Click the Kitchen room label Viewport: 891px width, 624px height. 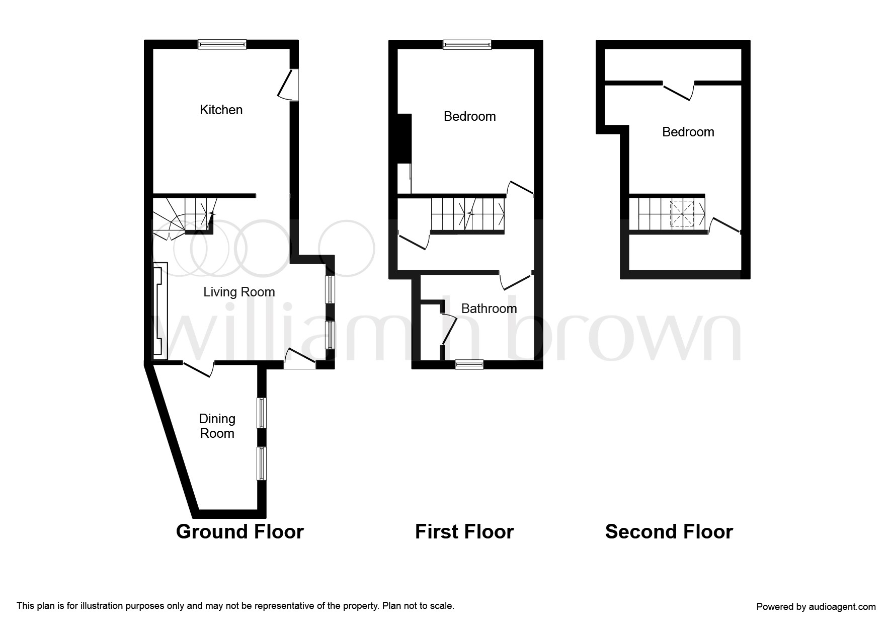(221, 110)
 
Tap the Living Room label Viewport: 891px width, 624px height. (239, 292)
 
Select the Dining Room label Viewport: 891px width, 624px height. (217, 426)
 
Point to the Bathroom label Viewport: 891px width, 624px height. (489, 308)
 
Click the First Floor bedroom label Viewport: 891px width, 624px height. (470, 116)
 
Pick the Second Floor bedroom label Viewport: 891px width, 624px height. (688, 132)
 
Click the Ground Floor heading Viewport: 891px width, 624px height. (240, 532)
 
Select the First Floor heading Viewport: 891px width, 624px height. (464, 532)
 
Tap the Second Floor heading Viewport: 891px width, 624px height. (669, 532)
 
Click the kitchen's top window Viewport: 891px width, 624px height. (222, 44)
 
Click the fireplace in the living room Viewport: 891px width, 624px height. (158, 311)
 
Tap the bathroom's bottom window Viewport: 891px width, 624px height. (469, 365)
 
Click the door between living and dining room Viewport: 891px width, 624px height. (199, 368)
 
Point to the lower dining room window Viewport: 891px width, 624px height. (262, 463)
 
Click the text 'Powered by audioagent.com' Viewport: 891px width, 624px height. (816, 607)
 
